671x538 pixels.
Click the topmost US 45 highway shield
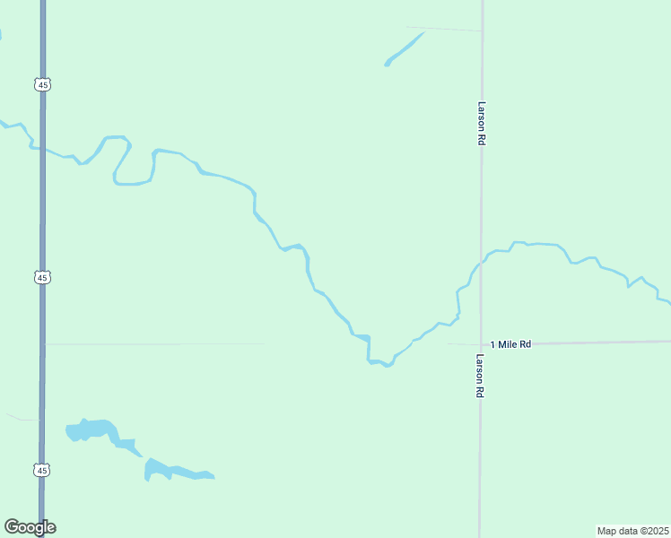click(x=42, y=84)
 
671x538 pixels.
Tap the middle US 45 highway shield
click(x=42, y=277)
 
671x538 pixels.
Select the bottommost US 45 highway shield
click(x=42, y=470)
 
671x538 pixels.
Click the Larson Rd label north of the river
click(x=482, y=123)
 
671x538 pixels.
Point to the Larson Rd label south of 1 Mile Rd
click(x=480, y=376)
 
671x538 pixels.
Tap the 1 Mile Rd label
click(x=510, y=343)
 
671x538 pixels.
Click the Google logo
click(x=30, y=527)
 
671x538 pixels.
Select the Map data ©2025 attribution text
click(x=632, y=531)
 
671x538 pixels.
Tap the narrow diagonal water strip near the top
click(x=404, y=48)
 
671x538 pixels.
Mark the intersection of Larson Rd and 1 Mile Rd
click(x=480, y=343)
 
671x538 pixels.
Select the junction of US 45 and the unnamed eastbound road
click(x=43, y=343)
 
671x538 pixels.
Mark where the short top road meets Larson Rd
click(x=482, y=31)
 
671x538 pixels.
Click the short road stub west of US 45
click(x=23, y=418)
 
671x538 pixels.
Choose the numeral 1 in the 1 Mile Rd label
click(x=493, y=343)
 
